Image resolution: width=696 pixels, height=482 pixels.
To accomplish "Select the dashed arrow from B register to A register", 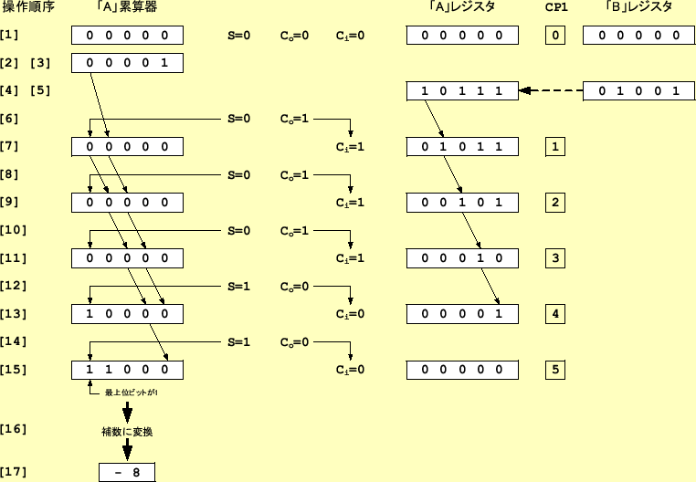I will click(551, 90).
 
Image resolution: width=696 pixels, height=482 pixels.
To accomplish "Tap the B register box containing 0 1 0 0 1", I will click(638, 90).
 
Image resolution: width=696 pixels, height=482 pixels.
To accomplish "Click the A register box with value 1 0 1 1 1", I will click(462, 90).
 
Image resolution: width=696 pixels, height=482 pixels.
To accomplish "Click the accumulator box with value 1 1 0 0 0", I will click(128, 370).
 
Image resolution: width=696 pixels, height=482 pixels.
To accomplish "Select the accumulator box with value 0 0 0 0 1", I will click(128, 63).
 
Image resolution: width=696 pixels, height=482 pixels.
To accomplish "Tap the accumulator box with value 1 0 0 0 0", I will click(128, 314).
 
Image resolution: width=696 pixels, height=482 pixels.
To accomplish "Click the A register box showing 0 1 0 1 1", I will click(462, 146).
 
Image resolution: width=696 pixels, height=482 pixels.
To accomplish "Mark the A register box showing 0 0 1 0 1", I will click(462, 203).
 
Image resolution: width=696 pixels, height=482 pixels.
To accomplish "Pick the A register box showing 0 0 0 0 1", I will click(462, 314).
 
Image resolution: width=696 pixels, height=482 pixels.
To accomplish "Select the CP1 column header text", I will click(555, 8).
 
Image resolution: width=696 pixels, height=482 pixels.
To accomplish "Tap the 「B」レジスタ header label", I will click(638, 8).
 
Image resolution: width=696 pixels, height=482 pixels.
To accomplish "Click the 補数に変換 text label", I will click(127, 432).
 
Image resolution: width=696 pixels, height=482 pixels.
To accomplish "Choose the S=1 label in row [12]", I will click(238, 287).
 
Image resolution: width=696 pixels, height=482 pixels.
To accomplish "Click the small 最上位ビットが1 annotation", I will click(132, 392).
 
